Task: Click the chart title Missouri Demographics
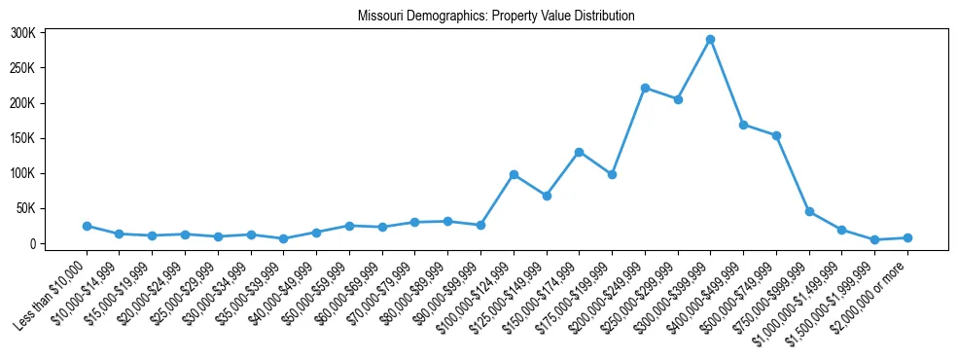(x=496, y=17)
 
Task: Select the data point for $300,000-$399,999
(x=710, y=40)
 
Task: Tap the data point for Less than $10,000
(x=87, y=226)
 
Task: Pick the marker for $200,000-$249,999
(x=645, y=88)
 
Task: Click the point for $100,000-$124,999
(x=514, y=174)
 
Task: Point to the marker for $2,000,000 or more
(x=907, y=237)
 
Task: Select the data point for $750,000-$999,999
(x=809, y=211)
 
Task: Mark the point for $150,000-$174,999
(x=579, y=152)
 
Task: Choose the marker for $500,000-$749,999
(x=776, y=135)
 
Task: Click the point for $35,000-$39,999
(x=283, y=238)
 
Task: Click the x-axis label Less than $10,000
(x=53, y=290)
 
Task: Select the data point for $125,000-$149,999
(x=547, y=196)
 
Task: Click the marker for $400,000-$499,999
(x=743, y=125)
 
